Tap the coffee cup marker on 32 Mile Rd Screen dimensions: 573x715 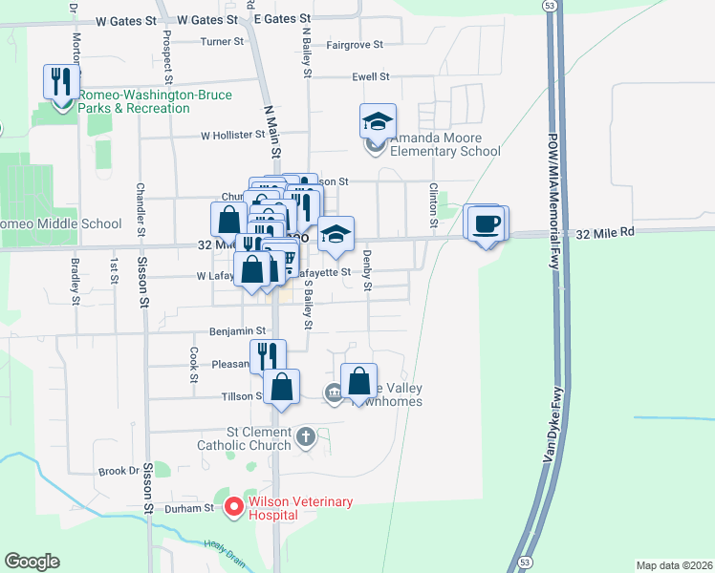486,223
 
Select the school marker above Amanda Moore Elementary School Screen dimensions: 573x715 377,120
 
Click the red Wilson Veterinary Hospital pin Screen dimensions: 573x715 232,506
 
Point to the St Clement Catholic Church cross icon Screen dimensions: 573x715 306,436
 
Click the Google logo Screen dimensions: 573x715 32,562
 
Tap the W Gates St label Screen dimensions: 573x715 124,19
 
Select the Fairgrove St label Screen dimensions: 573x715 355,45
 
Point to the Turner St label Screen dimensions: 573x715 223,42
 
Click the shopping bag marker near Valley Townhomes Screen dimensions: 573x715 358,380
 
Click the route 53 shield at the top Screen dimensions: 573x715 549,7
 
